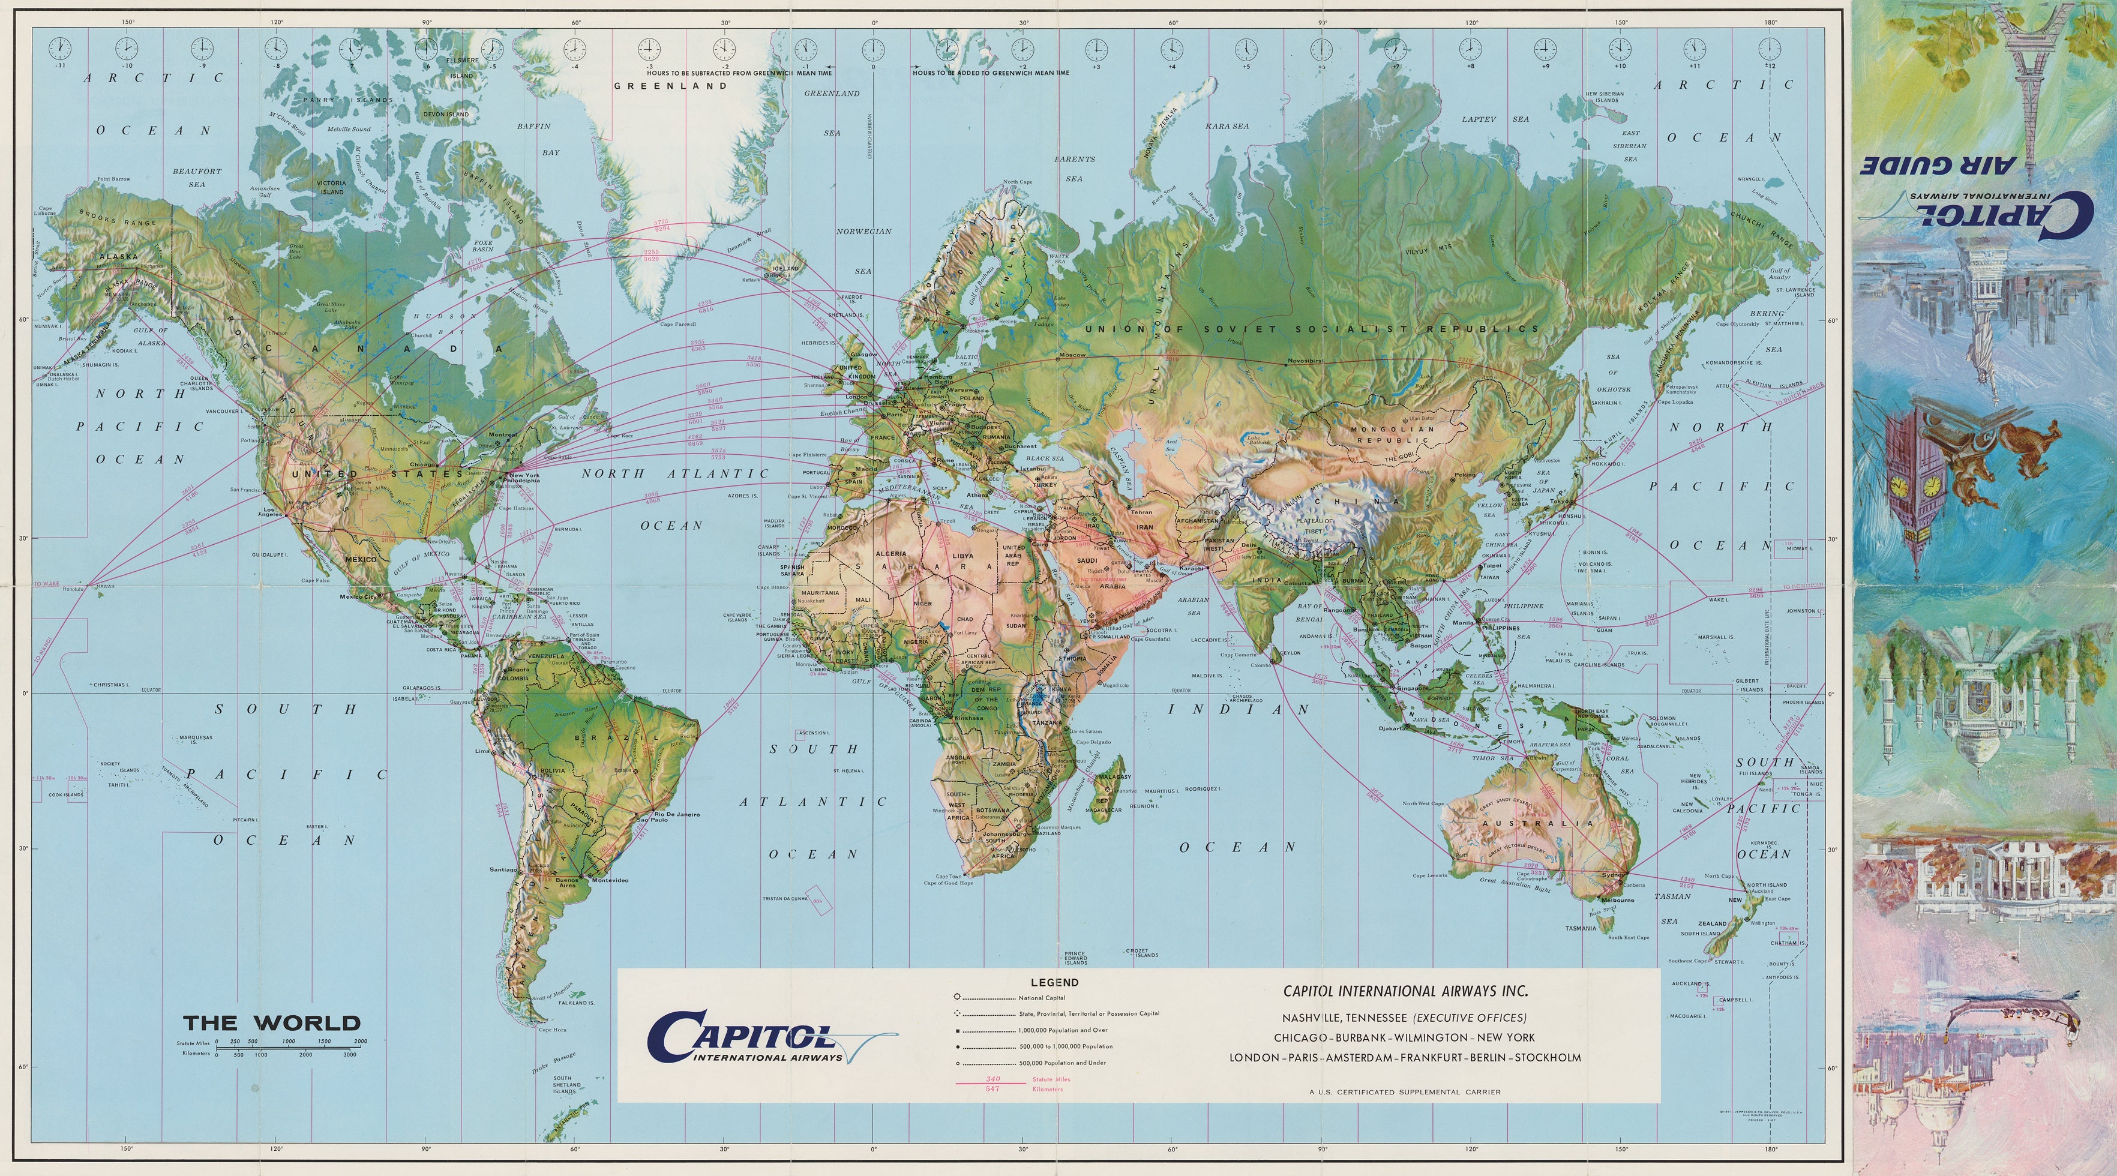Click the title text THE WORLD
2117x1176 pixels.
coord(271,1023)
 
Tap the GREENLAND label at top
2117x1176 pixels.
coord(671,85)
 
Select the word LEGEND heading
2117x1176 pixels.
coord(1054,982)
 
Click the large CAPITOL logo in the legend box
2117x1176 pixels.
coord(740,1037)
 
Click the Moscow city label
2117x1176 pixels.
coord(1072,355)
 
